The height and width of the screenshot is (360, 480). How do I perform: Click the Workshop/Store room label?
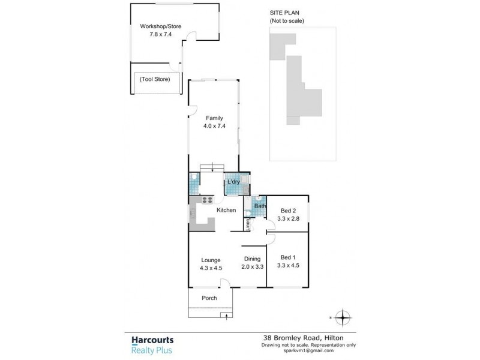click(160, 26)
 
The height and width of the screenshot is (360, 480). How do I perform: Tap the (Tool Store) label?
click(155, 79)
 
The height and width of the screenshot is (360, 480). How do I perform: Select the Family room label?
click(214, 118)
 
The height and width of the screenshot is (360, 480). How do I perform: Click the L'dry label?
click(233, 182)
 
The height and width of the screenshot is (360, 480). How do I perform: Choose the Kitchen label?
click(226, 210)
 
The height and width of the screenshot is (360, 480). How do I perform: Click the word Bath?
click(260, 206)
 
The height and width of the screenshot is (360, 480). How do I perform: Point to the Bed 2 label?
click(288, 211)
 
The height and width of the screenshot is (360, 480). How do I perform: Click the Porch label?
click(209, 298)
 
